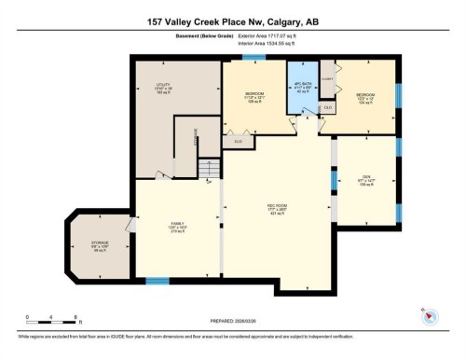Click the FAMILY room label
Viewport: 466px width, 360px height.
point(175,225)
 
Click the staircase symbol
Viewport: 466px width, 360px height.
point(209,170)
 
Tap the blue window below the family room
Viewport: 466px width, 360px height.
point(158,280)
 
